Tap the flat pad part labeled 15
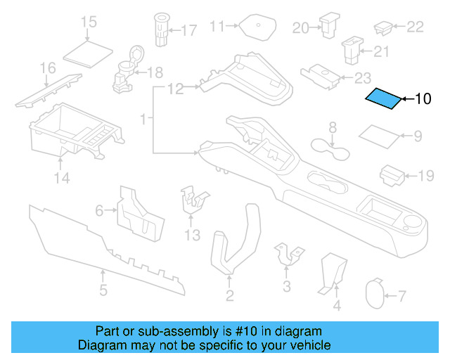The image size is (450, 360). click(88, 51)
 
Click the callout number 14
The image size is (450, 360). click(62, 179)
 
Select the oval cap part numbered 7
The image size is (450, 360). click(376, 295)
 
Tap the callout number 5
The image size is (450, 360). click(103, 290)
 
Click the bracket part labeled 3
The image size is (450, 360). click(287, 255)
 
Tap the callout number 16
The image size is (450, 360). click(47, 67)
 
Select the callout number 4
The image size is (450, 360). click(336, 305)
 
